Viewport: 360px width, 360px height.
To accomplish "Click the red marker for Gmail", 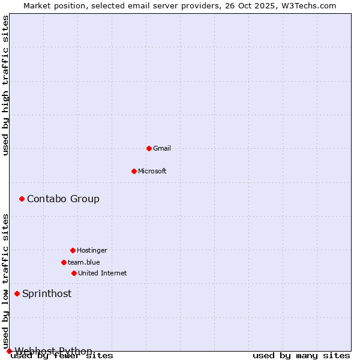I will tap(149, 148).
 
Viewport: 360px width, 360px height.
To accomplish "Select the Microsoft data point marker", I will tap(134, 171).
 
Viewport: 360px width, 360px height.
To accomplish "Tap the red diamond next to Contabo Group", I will tap(22, 199).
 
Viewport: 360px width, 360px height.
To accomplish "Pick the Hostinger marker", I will tap(73, 250).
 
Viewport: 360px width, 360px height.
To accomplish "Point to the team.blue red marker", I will tap(64, 262).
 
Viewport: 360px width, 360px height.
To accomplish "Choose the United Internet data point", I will tap(74, 273).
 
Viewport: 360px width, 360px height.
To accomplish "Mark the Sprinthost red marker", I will tap(17, 293).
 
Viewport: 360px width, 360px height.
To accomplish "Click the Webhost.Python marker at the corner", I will tap(9, 351).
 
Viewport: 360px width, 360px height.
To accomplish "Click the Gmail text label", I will tap(162, 148).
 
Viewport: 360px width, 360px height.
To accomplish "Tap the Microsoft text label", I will tap(152, 171).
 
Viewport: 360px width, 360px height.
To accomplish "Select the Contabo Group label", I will tap(63, 199).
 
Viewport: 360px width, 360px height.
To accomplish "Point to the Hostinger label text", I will tap(92, 250).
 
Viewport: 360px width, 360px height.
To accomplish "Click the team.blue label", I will tap(84, 262).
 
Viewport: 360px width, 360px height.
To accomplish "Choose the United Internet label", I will tap(103, 273).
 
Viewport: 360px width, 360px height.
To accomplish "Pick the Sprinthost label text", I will tap(47, 293).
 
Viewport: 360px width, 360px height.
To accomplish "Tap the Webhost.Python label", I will tap(53, 351).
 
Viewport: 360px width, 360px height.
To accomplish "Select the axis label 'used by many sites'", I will tap(301, 355).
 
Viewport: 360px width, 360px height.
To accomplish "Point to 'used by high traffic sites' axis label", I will tap(5, 85).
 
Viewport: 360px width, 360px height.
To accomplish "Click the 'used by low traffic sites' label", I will tap(5, 281).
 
